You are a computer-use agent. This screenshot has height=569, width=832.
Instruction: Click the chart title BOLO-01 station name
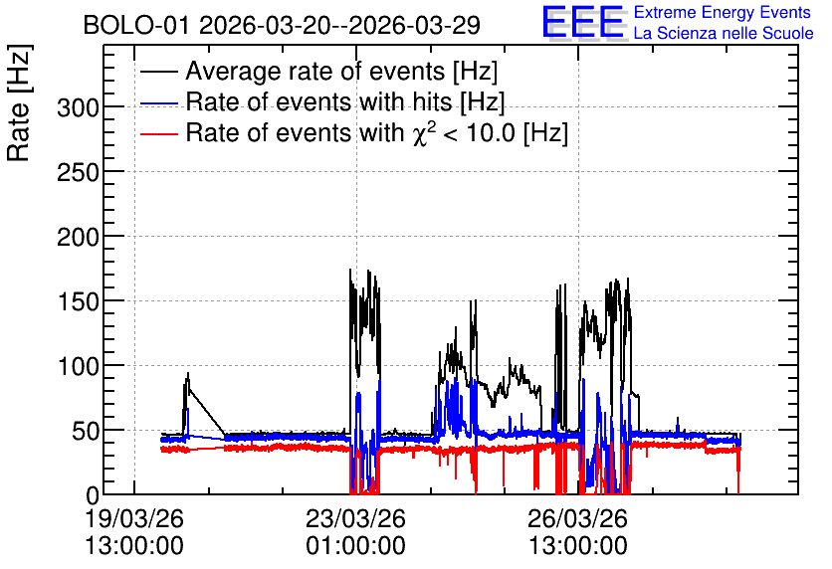tap(135, 25)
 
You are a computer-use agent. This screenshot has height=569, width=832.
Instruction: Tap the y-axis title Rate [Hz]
tap(19, 103)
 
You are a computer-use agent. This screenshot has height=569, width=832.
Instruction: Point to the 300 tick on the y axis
tap(78, 108)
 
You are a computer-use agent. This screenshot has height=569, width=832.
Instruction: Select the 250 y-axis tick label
tap(78, 173)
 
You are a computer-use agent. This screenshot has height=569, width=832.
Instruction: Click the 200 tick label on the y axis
tap(78, 238)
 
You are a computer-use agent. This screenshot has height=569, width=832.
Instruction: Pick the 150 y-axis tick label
tap(78, 302)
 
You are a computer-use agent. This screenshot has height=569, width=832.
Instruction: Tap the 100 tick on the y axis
tap(78, 367)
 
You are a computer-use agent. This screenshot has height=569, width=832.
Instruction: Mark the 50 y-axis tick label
tap(86, 432)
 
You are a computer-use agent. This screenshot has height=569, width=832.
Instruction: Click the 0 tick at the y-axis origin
tap(93, 496)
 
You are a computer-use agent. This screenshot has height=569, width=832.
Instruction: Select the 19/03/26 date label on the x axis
tap(134, 518)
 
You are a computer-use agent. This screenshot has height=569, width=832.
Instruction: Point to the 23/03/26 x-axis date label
tap(355, 518)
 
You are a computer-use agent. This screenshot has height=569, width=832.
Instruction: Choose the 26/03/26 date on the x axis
tap(578, 518)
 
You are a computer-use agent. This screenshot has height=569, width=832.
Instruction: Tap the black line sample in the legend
tap(159, 71)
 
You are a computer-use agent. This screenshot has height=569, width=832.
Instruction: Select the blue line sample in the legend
tap(159, 102)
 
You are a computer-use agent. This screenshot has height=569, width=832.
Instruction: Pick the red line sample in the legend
tap(159, 133)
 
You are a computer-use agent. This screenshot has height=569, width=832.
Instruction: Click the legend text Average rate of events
tap(315, 71)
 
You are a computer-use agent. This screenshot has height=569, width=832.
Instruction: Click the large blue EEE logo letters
tap(584, 22)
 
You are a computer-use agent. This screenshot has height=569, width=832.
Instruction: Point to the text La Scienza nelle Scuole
tap(724, 34)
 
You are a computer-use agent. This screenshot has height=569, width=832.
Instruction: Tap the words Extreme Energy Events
tap(723, 12)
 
